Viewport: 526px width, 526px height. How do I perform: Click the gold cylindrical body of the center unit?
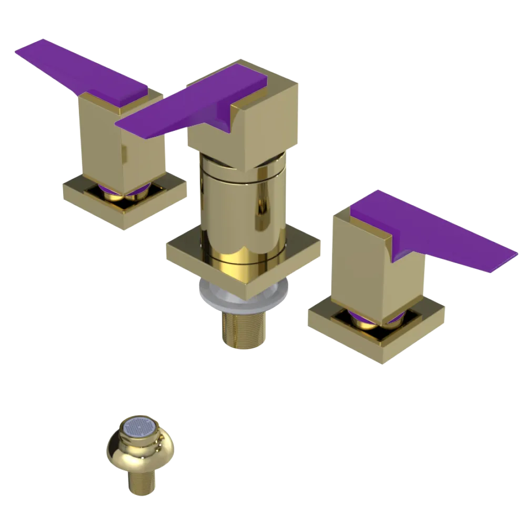[x=242, y=205]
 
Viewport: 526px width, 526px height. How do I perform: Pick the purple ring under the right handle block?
[x=363, y=317]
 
